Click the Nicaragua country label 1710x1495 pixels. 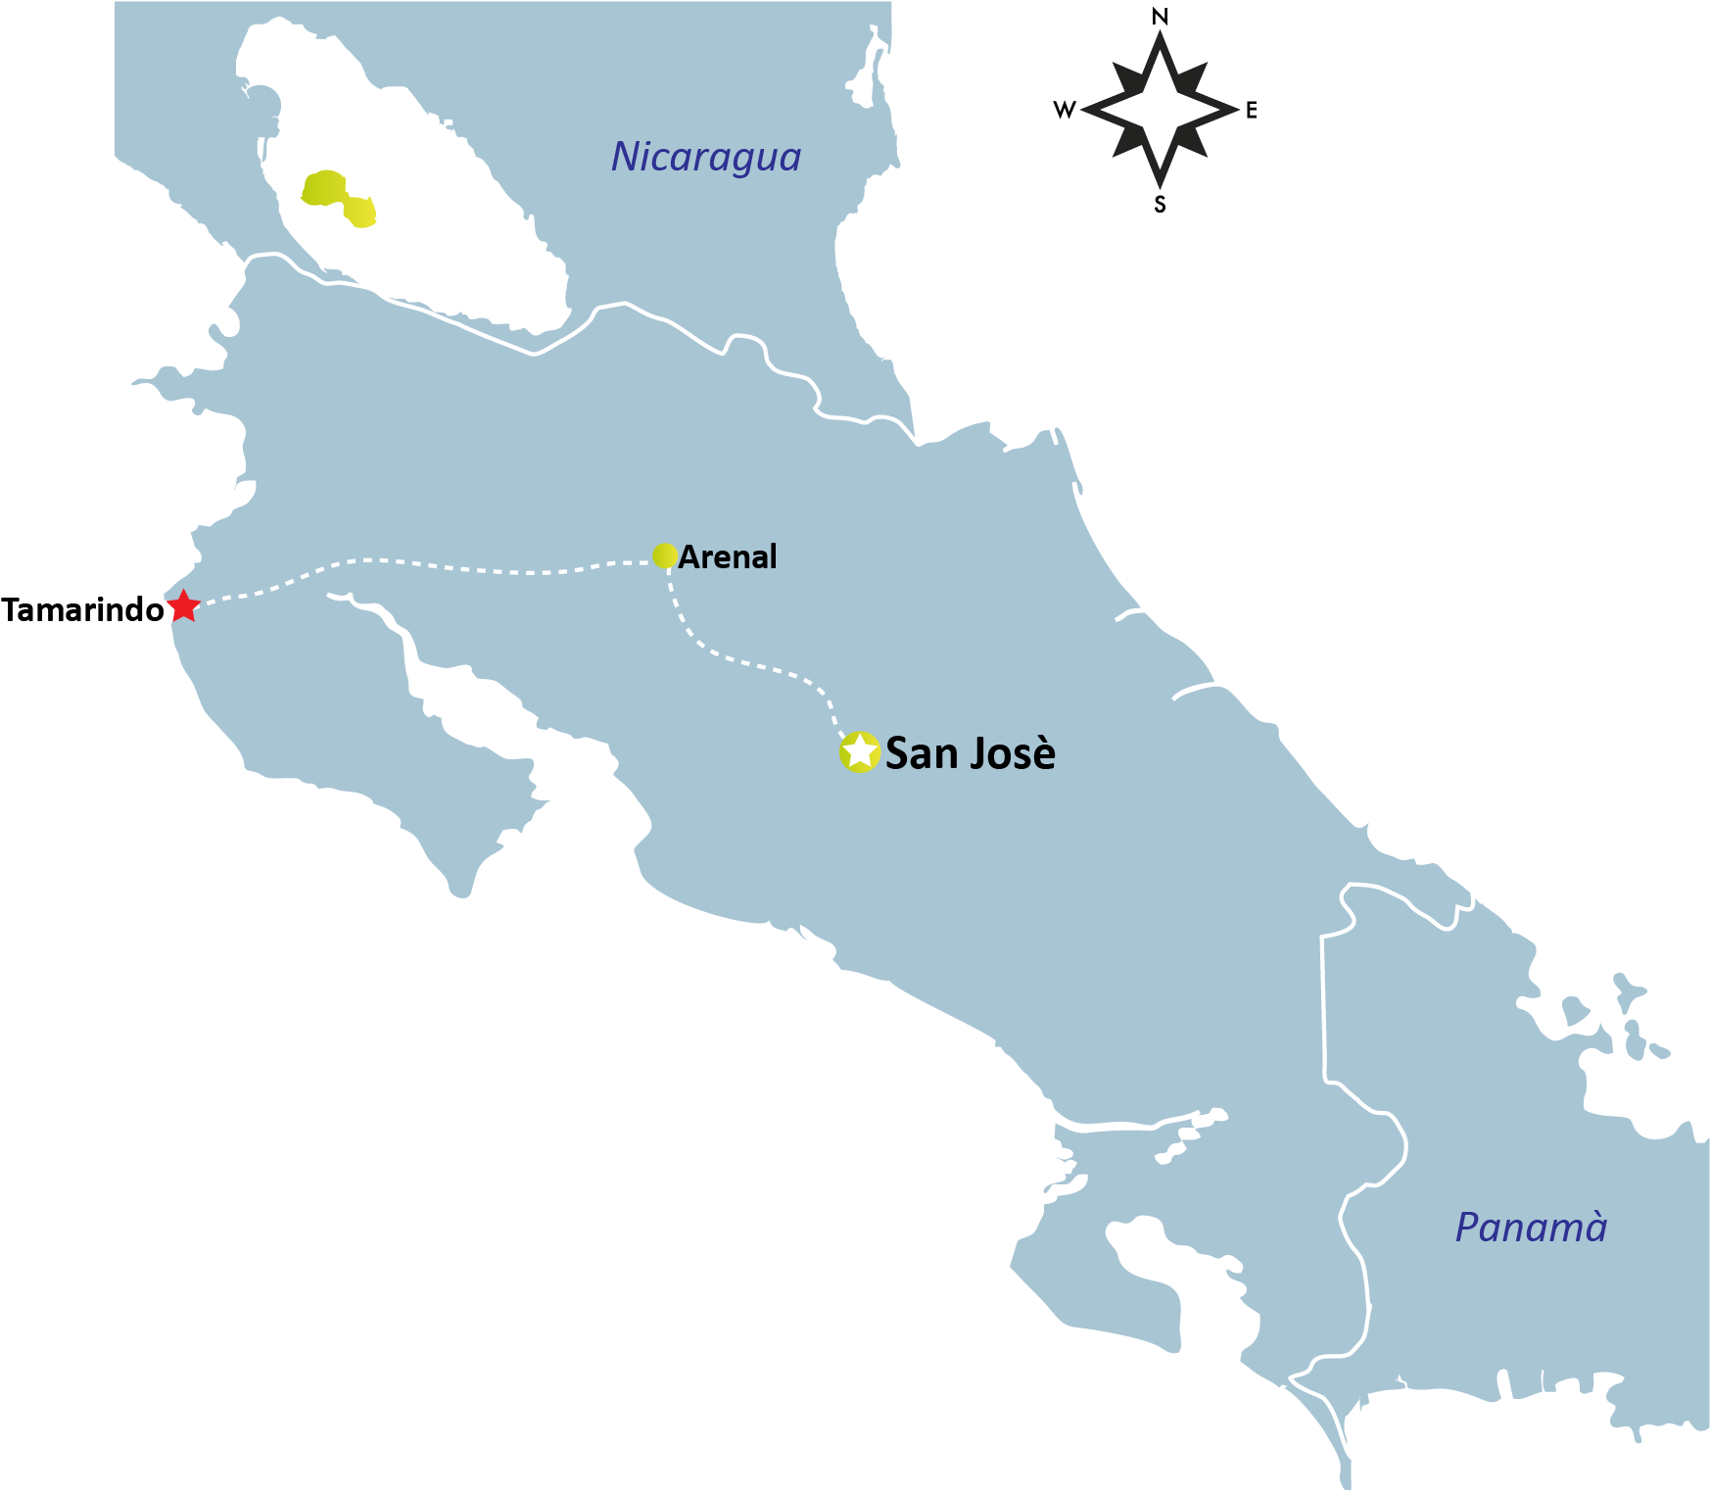(x=706, y=157)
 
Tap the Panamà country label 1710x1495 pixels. (x=1531, y=1228)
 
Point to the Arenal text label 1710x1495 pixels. (x=728, y=557)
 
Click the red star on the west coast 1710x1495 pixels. (x=183, y=605)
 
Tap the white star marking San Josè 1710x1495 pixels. (x=859, y=751)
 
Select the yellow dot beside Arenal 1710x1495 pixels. (x=665, y=555)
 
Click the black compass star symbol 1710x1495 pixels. (x=1160, y=110)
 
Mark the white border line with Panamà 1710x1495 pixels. (x=1323, y=1009)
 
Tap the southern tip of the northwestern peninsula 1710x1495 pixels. (x=460, y=893)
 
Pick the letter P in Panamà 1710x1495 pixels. (x=1467, y=1228)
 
